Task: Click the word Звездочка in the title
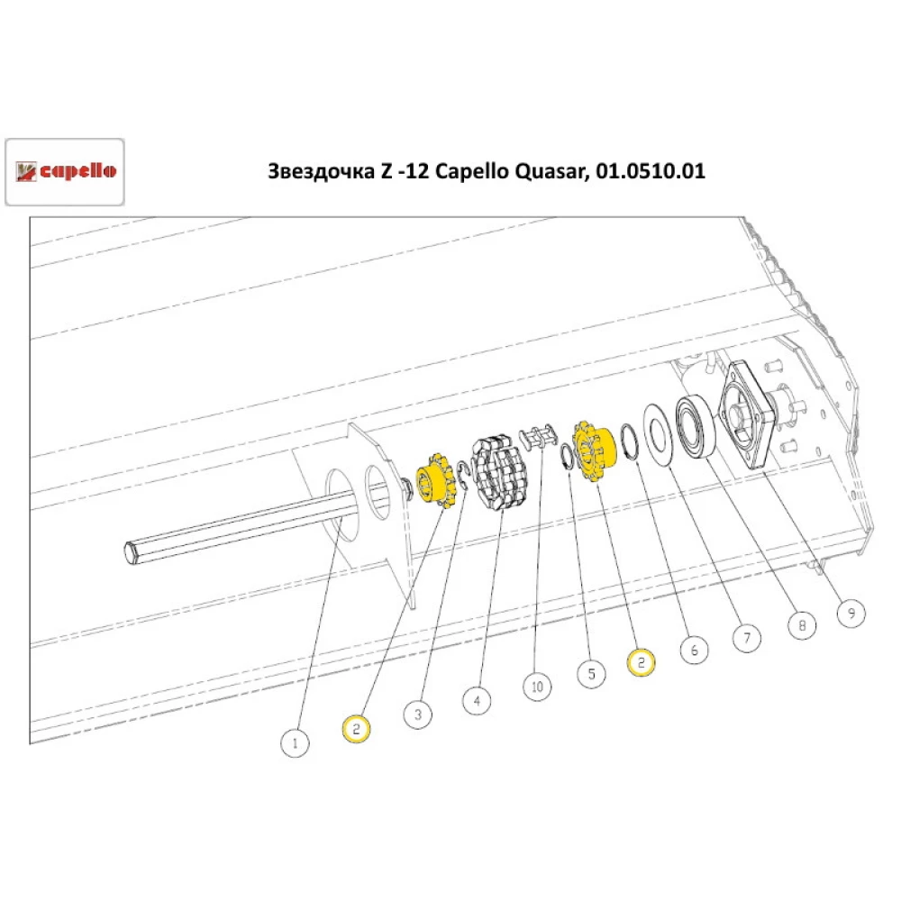[316, 171]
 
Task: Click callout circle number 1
[294, 744]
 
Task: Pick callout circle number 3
[418, 715]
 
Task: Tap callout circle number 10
[538, 687]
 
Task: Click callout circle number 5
[591, 673]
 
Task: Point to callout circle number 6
[694, 649]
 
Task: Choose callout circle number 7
[745, 638]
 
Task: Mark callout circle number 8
[801, 623]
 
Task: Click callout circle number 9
[851, 614]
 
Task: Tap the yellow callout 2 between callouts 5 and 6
[641, 661]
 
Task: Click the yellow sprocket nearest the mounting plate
[437, 484]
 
